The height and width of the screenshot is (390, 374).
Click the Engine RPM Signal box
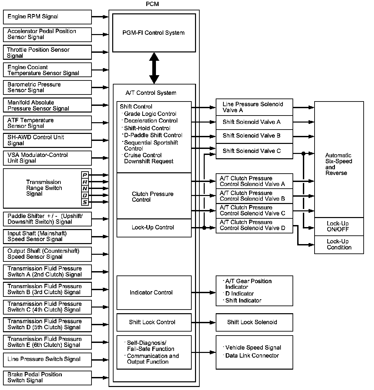pyautogui.click(x=47, y=17)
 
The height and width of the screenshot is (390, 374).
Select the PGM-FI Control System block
pyautogui.click(x=154, y=33)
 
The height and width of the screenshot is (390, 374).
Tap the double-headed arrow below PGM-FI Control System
pyautogui.click(x=154, y=68)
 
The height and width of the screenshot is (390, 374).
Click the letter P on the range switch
pyautogui.click(x=85, y=175)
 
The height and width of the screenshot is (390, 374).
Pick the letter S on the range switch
pyautogui.click(x=85, y=202)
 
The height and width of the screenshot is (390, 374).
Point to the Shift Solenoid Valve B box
pyautogui.click(x=254, y=136)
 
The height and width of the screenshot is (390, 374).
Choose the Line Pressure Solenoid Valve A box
pyautogui.click(x=254, y=107)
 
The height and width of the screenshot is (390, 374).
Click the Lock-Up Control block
pyautogui.click(x=154, y=228)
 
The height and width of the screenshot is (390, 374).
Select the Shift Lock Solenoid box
pyautogui.click(x=254, y=322)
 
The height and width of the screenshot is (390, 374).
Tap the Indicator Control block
pyautogui.click(x=154, y=292)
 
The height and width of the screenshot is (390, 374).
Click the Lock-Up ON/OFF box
pyautogui.click(x=339, y=227)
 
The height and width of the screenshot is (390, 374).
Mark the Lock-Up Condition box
pyautogui.click(x=339, y=245)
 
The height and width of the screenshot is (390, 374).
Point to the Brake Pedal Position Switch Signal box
pyautogui.click(x=47, y=378)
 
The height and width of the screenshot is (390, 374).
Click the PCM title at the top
pyautogui.click(x=152, y=4)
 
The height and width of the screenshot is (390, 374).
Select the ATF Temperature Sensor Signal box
pyautogui.click(x=47, y=123)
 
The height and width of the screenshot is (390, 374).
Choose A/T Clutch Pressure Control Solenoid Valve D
pyautogui.click(x=254, y=226)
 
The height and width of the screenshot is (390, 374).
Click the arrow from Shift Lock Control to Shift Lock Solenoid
pyautogui.click(x=204, y=323)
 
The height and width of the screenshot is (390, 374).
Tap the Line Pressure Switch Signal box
pyautogui.click(x=47, y=360)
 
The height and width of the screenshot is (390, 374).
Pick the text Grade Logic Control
pyautogui.click(x=150, y=114)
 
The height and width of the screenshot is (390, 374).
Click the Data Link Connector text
pyautogui.click(x=252, y=356)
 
